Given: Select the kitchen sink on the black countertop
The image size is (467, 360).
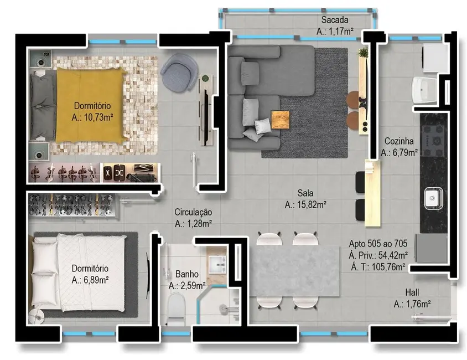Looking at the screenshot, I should point(432,197).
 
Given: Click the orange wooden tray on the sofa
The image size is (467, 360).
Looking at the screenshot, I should point(280,120).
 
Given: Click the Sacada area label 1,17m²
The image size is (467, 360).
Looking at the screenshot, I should point(335,32).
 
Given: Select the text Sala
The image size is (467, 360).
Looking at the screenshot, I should point(305,194).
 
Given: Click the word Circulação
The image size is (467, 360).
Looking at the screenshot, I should point(193,212).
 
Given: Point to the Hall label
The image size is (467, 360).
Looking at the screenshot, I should point(412,294).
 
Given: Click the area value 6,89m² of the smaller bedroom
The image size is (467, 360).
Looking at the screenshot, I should point(90,280).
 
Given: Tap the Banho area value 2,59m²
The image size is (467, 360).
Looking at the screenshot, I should point(187,286).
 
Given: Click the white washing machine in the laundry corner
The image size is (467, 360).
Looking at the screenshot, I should point(434,58).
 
